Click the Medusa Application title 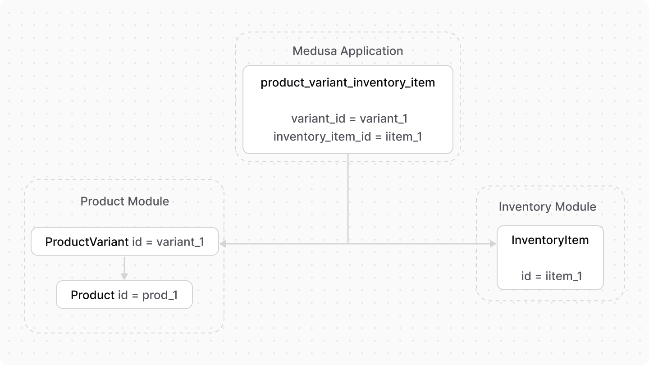pyautogui.click(x=347, y=51)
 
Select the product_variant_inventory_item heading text pyautogui.click(x=347, y=83)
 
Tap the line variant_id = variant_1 pyautogui.click(x=349, y=119)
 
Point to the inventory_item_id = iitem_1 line pyautogui.click(x=347, y=137)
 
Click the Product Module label pyautogui.click(x=124, y=201)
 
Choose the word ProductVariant pyautogui.click(x=87, y=242)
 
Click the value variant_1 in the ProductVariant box pyautogui.click(x=180, y=242)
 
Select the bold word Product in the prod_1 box pyautogui.click(x=92, y=295)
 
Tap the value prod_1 pyautogui.click(x=160, y=295)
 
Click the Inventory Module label pyautogui.click(x=547, y=207)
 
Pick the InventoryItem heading pyautogui.click(x=550, y=240)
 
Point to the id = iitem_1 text pyautogui.click(x=551, y=276)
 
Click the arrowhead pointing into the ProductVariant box pyautogui.click(x=222, y=244)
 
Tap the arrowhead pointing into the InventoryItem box pyautogui.click(x=493, y=244)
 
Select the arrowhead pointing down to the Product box pyautogui.click(x=124, y=276)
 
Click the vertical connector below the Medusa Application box pyautogui.click(x=348, y=198)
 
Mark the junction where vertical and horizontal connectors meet pyautogui.click(x=348, y=244)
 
